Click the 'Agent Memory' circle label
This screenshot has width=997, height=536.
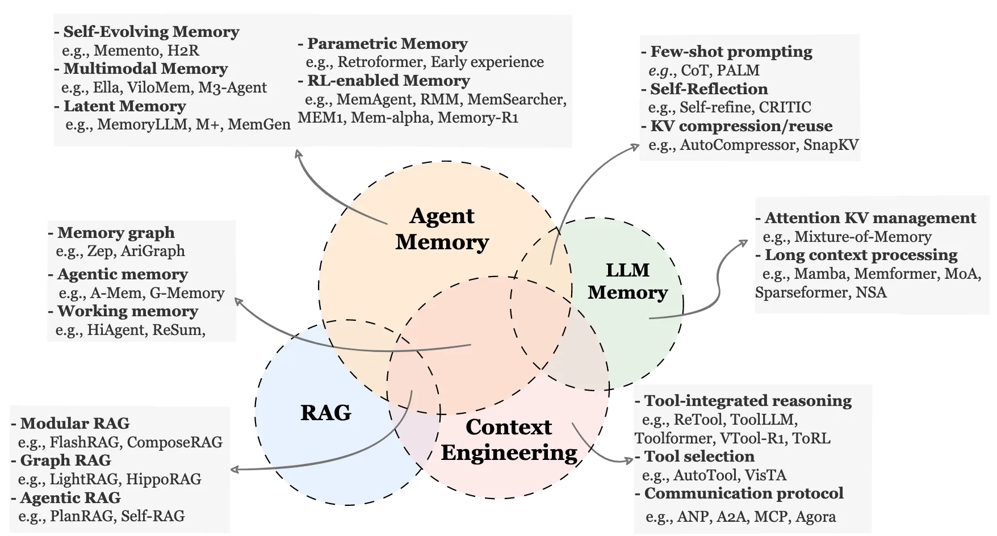(442, 229)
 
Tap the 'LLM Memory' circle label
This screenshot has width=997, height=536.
(627, 281)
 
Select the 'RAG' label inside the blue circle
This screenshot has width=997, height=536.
(325, 412)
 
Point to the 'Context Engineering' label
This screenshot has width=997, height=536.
(509, 440)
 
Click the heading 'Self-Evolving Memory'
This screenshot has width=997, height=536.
(151, 32)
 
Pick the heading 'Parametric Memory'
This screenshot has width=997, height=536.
(387, 44)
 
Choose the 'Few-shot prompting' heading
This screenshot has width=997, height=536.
(731, 52)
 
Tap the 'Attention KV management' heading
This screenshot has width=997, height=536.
(870, 218)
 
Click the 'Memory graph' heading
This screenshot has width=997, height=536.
(116, 233)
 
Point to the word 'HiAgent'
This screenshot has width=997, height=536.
(117, 330)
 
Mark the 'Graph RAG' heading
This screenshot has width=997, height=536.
(65, 460)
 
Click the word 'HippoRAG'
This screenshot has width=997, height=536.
(164, 479)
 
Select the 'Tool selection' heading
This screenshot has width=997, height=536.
(699, 457)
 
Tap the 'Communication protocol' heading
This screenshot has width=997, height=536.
(743, 493)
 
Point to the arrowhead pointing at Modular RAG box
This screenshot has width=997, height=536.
(234, 470)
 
